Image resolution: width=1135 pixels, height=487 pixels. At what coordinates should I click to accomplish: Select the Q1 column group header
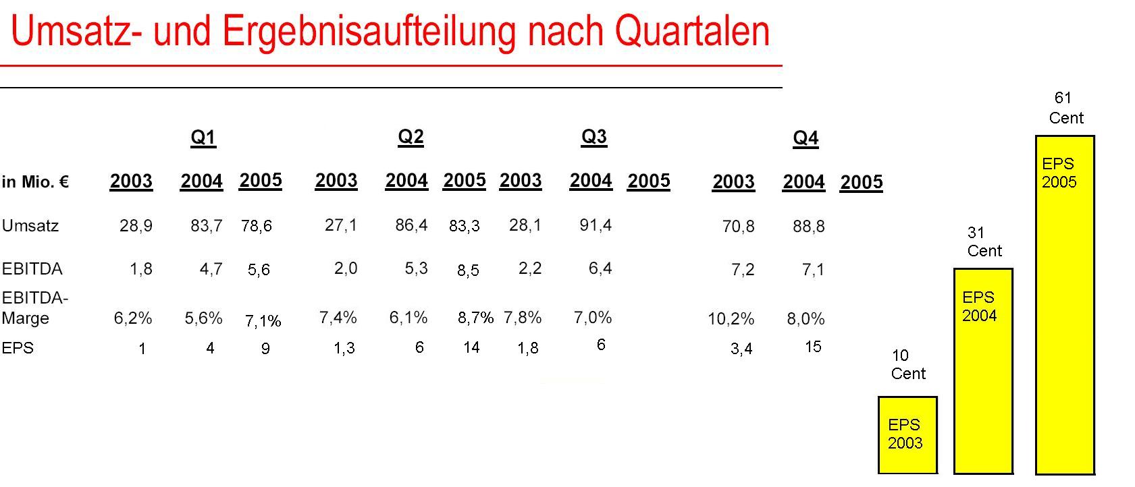[x=203, y=138]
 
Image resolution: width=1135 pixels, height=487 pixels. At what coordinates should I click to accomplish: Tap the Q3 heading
[x=593, y=137]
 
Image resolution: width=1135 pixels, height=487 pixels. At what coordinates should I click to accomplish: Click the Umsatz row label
[x=30, y=226]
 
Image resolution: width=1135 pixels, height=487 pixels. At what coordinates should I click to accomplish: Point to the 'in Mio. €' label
[x=35, y=182]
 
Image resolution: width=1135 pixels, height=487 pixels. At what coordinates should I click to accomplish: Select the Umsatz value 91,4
[x=596, y=225]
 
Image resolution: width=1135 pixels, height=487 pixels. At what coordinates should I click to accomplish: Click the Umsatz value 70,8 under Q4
[x=738, y=227]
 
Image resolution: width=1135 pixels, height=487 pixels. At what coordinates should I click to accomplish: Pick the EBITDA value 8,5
[x=468, y=270]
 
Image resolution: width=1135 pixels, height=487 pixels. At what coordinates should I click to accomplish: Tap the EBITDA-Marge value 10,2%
[x=731, y=318]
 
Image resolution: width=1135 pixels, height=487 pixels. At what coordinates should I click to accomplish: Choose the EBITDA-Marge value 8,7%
[x=475, y=318]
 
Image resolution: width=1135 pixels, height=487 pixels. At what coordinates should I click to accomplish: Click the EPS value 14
[x=471, y=347]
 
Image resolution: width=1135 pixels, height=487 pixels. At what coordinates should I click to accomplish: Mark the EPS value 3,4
[x=741, y=349]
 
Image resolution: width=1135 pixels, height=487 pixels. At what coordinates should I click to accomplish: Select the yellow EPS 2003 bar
[x=907, y=435]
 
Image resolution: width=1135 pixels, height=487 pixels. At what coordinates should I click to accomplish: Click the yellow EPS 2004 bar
[x=982, y=371]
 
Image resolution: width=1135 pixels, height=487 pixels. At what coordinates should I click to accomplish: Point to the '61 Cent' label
[x=1065, y=108]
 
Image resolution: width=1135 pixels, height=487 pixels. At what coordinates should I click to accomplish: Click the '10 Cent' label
[x=907, y=364]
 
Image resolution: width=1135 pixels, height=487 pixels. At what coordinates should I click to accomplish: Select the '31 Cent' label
[x=984, y=241]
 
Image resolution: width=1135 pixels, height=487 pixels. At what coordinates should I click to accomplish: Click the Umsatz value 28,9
[x=136, y=226]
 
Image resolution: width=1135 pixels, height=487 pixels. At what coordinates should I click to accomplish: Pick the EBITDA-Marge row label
[x=34, y=308]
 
